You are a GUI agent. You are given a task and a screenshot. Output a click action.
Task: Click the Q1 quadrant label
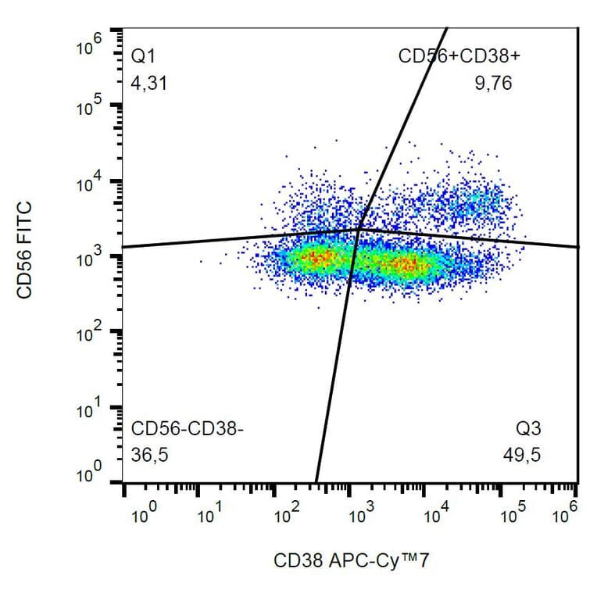(x=145, y=57)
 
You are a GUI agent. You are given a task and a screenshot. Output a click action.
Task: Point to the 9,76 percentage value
(x=493, y=84)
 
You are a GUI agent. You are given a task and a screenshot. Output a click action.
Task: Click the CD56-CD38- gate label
(x=188, y=429)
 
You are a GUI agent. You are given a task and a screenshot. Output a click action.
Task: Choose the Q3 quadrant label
(x=528, y=429)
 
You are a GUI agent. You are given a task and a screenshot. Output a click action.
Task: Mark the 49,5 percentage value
(x=523, y=455)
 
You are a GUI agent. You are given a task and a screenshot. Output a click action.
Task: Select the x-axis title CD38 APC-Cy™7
(x=352, y=560)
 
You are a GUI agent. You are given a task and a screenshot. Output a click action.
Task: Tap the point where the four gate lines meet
(x=359, y=228)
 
